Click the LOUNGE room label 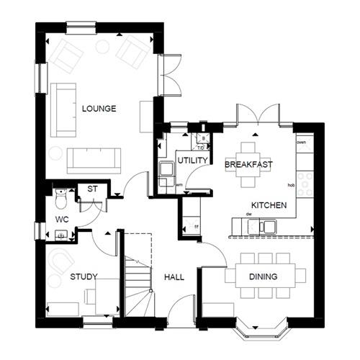tap(99, 109)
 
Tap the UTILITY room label tap(192, 160)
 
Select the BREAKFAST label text tap(248, 165)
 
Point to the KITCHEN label tap(269, 205)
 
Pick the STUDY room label tap(84, 276)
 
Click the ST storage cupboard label tap(92, 189)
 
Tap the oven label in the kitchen tap(301, 143)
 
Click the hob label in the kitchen tap(292, 185)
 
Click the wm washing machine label tap(178, 185)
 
